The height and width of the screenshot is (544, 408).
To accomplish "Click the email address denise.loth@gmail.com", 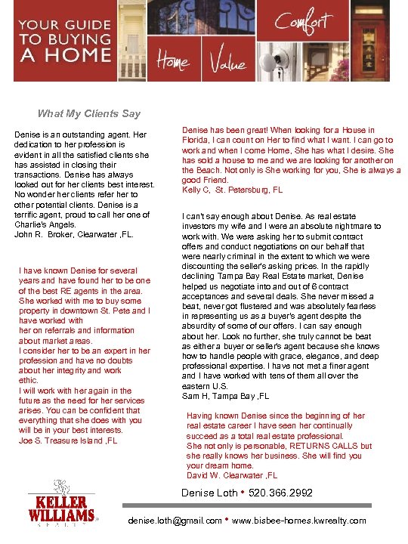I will [176, 521].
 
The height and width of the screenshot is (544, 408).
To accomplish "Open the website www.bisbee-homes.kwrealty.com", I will [299, 521].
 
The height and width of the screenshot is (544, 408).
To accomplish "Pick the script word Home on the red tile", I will [174, 65].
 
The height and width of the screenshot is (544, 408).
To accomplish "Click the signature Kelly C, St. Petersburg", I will [233, 190].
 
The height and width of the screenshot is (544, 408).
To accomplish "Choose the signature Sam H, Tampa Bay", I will [226, 396].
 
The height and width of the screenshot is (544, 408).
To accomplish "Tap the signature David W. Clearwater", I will [232, 475].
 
